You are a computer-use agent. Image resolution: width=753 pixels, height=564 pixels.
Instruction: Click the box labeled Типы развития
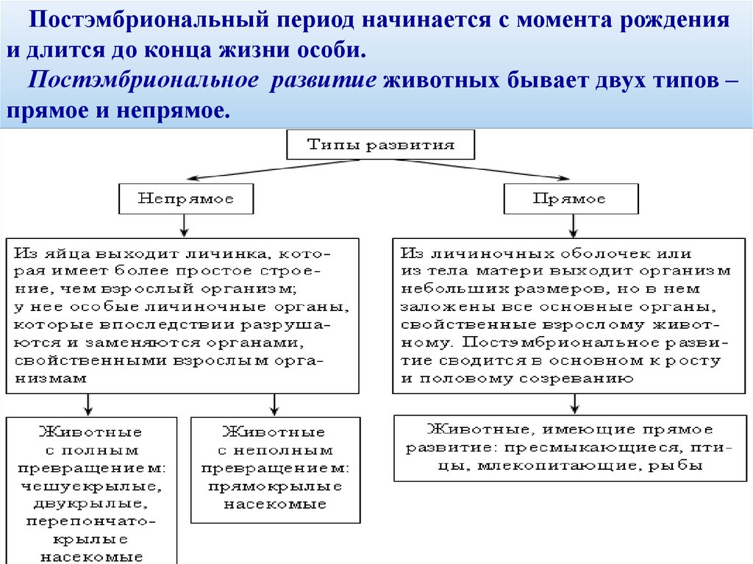coord(380,145)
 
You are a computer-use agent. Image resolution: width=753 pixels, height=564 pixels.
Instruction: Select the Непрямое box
coord(185,199)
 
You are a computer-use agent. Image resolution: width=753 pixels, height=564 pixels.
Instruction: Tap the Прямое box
coord(570,199)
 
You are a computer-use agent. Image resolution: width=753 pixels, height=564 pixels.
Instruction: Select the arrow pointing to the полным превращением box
coord(88,404)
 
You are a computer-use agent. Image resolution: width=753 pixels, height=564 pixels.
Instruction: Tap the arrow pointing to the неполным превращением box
coord(274,404)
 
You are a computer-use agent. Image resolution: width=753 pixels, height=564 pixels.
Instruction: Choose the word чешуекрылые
coord(92,486)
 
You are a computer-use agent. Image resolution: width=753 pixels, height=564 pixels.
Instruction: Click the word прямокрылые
coord(275,486)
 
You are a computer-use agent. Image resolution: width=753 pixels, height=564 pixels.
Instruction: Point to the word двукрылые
coord(92,504)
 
